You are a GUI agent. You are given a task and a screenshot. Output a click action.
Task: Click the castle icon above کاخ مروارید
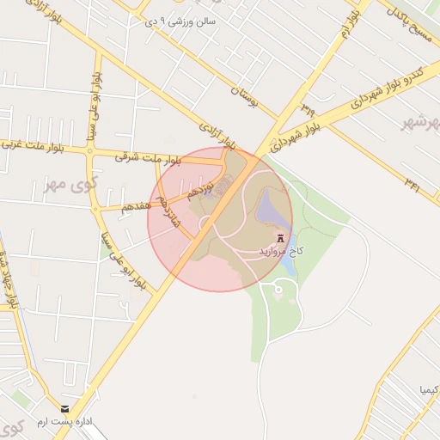tap(279, 237)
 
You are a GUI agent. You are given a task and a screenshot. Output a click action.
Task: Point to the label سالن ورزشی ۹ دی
tap(193, 20)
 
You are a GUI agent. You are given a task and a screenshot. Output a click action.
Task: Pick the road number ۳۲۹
tap(308, 109)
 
